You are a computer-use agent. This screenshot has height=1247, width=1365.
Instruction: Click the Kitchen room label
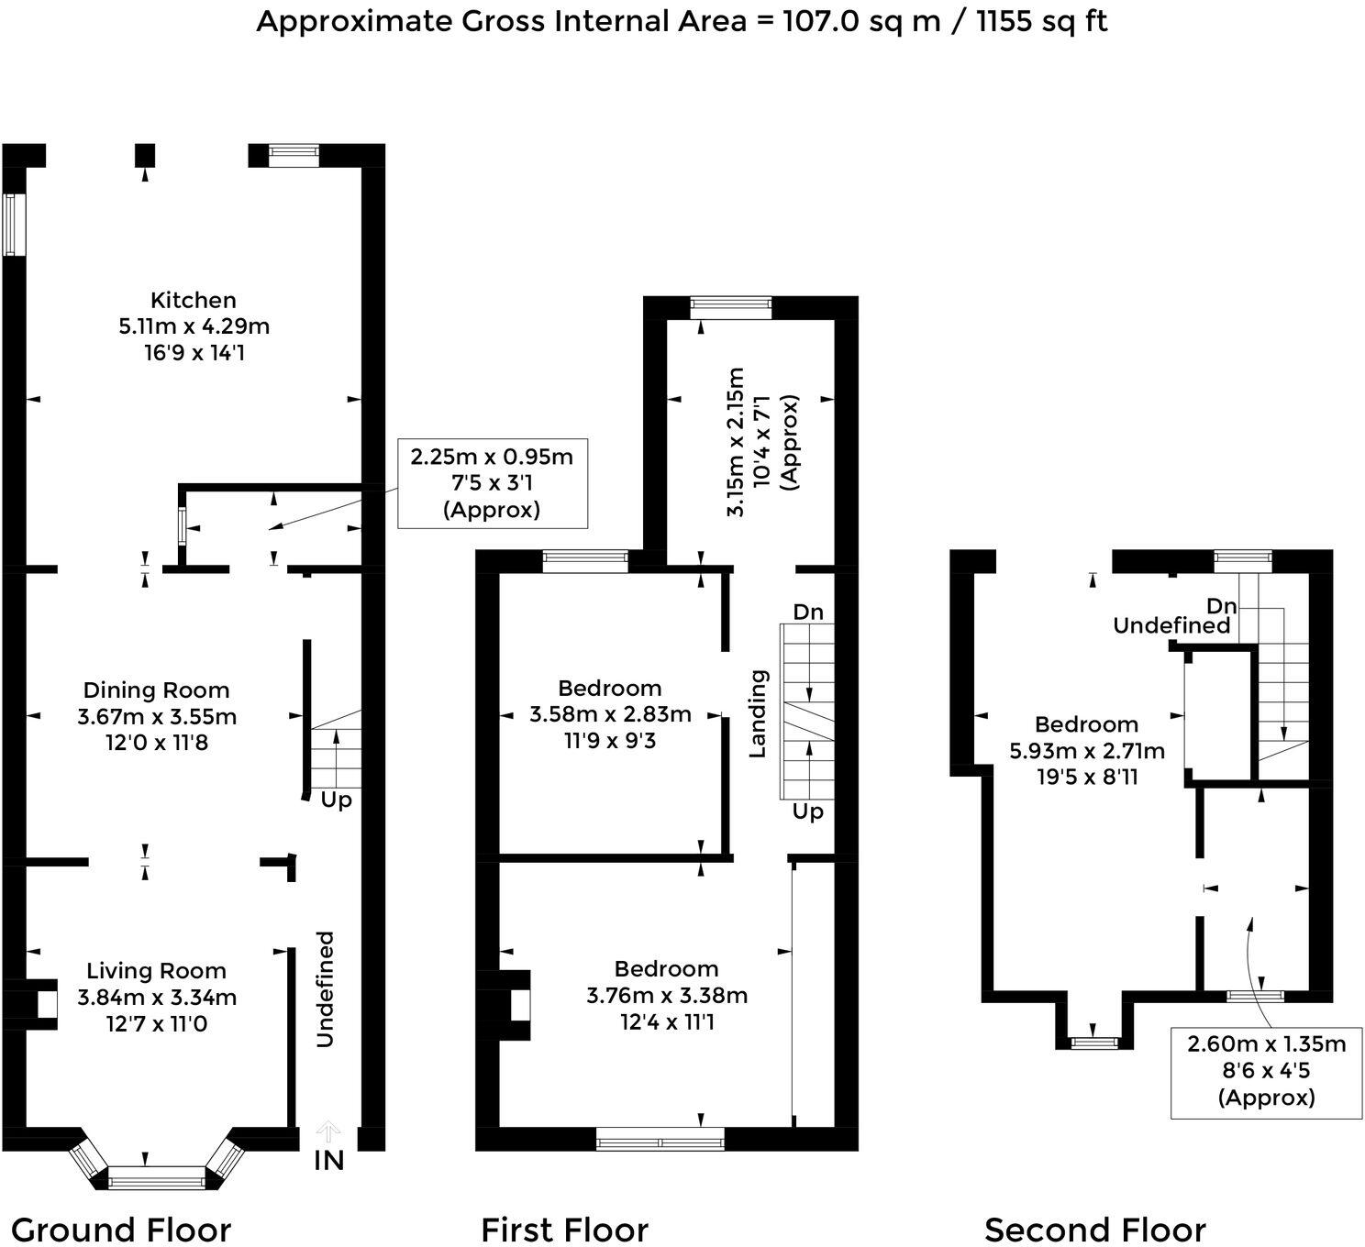(x=193, y=301)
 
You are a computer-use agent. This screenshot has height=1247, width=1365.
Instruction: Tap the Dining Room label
(x=156, y=690)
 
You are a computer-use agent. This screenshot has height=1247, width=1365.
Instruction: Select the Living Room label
(x=156, y=971)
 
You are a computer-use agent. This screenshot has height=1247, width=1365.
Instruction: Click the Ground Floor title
(x=121, y=1229)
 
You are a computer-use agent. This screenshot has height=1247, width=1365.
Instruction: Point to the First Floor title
(x=564, y=1229)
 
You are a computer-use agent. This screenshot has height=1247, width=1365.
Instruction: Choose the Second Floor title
(x=1094, y=1229)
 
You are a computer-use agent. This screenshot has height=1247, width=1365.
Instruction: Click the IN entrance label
(x=328, y=1160)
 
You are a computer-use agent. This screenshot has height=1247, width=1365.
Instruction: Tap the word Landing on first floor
(x=758, y=713)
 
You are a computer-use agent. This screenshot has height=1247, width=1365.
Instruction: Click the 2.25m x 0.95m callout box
(x=492, y=483)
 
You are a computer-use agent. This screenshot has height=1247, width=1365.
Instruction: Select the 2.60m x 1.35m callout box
(x=1266, y=1070)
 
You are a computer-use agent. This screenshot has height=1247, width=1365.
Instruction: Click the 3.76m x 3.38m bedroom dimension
(x=667, y=995)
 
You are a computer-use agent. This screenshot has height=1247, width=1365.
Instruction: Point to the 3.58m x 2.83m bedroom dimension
(x=610, y=714)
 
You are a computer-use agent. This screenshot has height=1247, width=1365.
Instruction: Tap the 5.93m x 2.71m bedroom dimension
(x=1087, y=751)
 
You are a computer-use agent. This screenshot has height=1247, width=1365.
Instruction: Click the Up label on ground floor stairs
(x=336, y=800)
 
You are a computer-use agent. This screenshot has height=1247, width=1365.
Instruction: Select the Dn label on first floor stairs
(x=807, y=612)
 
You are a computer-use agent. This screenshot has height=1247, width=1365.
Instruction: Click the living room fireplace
(x=37, y=1005)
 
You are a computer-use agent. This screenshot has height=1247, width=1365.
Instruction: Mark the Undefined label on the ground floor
(x=325, y=988)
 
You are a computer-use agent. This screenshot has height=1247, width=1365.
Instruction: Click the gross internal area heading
(x=682, y=20)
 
